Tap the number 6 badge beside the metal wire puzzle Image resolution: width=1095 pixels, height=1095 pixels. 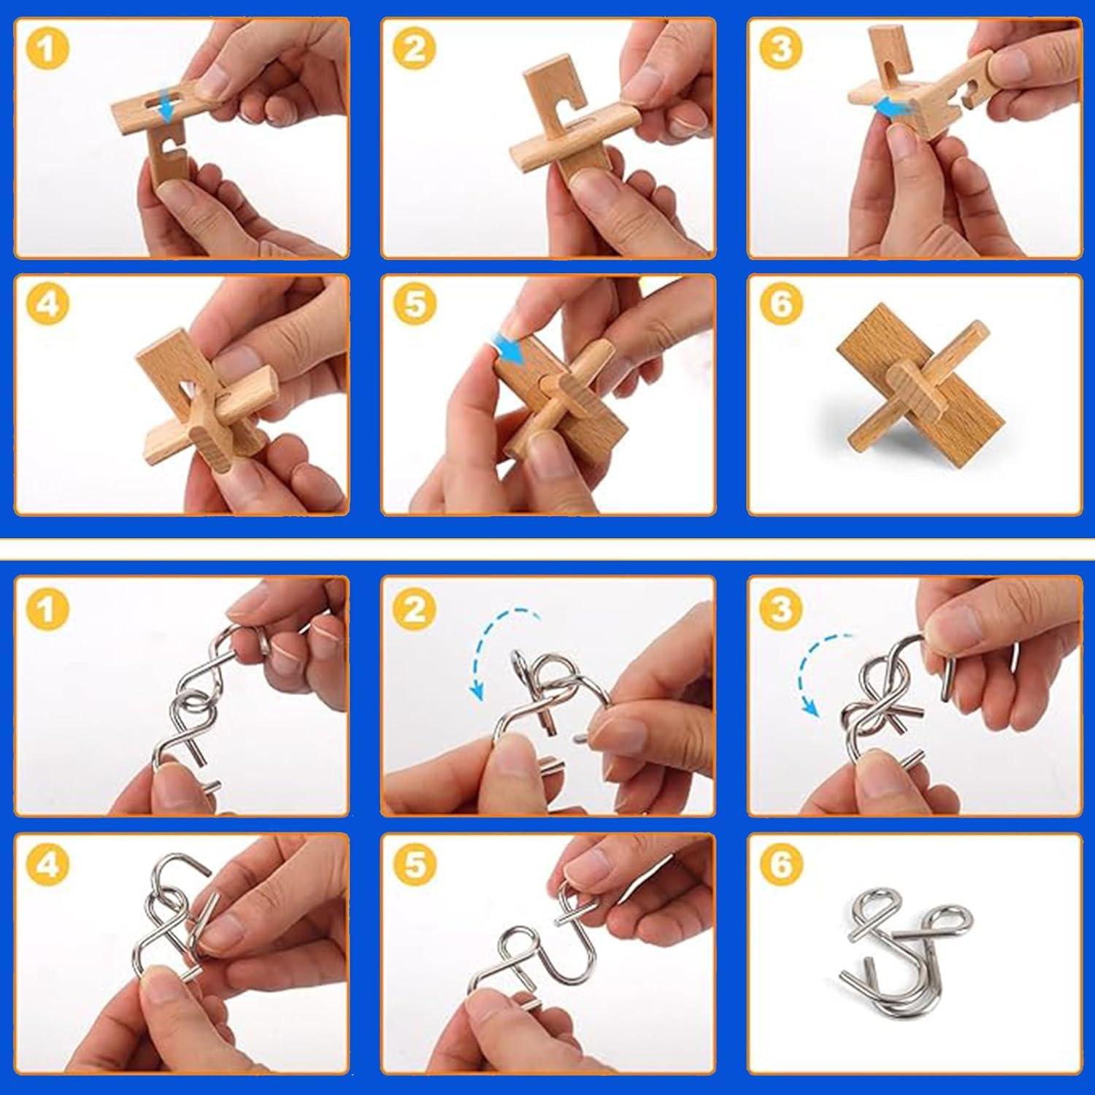click(x=781, y=864)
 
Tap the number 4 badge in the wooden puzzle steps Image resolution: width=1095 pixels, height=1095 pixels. click(x=47, y=303)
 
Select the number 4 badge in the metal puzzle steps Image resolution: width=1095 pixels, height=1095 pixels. click(x=47, y=864)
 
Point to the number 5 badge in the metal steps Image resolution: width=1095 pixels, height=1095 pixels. click(x=414, y=864)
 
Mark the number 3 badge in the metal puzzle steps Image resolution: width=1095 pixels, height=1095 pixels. click(x=781, y=607)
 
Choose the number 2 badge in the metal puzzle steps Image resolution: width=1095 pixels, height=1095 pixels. click(x=414, y=607)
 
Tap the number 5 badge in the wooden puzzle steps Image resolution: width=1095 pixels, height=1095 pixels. click(x=414, y=303)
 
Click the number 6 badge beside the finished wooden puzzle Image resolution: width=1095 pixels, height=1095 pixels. click(x=781, y=303)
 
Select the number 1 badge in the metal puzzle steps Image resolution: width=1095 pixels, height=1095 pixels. click(x=47, y=607)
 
